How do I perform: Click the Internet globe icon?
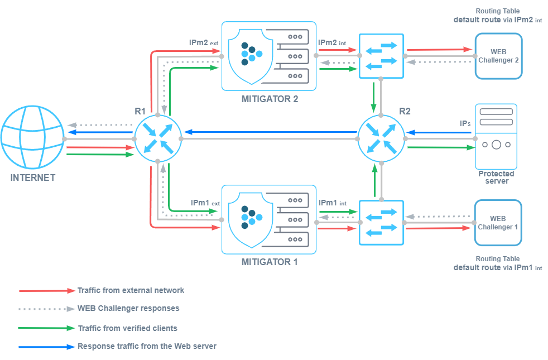32,138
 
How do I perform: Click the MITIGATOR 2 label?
270,99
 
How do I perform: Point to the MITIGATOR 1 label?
270,262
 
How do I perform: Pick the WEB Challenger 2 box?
498,56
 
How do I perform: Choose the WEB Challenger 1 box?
498,223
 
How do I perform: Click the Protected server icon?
496,137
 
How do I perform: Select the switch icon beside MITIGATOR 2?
381,56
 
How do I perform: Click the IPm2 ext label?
204,42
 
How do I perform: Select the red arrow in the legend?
47,291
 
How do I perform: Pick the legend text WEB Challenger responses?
128,308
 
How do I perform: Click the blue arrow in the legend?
47,347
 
